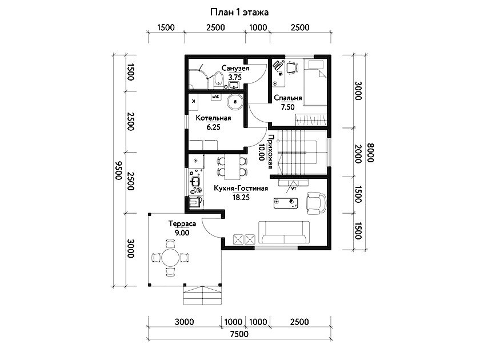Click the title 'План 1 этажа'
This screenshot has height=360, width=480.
[x=239, y=12]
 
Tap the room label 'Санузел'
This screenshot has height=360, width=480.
[x=235, y=68]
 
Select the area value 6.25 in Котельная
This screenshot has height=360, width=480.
[x=213, y=127]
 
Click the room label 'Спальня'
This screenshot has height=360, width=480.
[x=288, y=98]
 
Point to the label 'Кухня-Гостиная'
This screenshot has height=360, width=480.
[x=241, y=188]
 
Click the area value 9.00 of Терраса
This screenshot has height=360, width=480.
[x=182, y=233]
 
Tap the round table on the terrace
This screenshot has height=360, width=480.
[x=170, y=258]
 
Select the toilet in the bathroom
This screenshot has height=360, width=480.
[x=218, y=79]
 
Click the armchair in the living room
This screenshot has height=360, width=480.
[x=316, y=203]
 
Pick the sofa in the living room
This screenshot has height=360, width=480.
[x=284, y=233]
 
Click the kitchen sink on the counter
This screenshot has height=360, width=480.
[x=195, y=182]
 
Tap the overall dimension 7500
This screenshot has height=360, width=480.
[x=239, y=334]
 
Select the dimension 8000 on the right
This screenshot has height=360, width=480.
[x=370, y=153]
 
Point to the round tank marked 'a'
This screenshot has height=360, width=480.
[x=235, y=102]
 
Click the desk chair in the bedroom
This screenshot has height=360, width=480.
[x=292, y=67]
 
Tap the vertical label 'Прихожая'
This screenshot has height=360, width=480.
[x=270, y=151]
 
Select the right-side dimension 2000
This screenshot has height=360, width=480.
[x=358, y=154]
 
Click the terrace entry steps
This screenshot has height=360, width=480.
[x=202, y=295]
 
